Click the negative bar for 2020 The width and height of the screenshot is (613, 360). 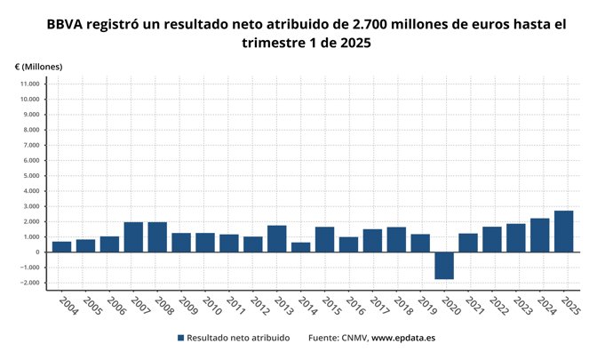(x=444, y=265)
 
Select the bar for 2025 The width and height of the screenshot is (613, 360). (x=564, y=231)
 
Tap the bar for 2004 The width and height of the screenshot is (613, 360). (x=61, y=246)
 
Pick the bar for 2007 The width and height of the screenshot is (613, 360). (x=133, y=236)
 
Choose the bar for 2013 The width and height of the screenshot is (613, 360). (x=277, y=238)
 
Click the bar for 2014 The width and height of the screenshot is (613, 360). (x=301, y=247)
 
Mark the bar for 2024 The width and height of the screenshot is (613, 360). (x=540, y=235)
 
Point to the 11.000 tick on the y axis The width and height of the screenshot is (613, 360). (x=28, y=84)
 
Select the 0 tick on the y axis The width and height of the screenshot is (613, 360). (x=37, y=252)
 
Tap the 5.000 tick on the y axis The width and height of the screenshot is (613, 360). (x=29, y=175)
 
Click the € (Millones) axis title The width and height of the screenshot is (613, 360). (x=39, y=67)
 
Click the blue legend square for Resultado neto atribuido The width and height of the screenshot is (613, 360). (x=181, y=338)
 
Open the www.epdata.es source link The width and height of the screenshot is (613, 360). (x=402, y=338)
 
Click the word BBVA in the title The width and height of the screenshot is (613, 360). (x=68, y=25)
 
